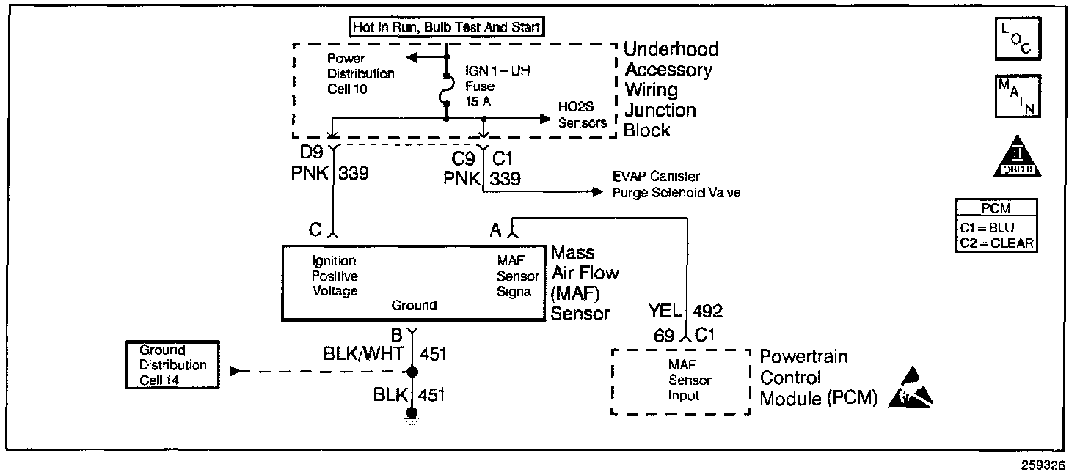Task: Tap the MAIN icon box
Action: click(x=1017, y=96)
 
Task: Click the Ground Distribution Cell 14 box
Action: click(x=173, y=364)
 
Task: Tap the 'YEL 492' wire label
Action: click(x=685, y=312)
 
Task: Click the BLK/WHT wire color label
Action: click(x=363, y=354)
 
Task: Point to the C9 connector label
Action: click(x=464, y=158)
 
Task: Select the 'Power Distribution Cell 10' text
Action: click(x=360, y=73)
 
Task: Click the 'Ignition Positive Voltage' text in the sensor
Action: click(x=335, y=276)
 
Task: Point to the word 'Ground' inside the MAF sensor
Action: click(x=414, y=305)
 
